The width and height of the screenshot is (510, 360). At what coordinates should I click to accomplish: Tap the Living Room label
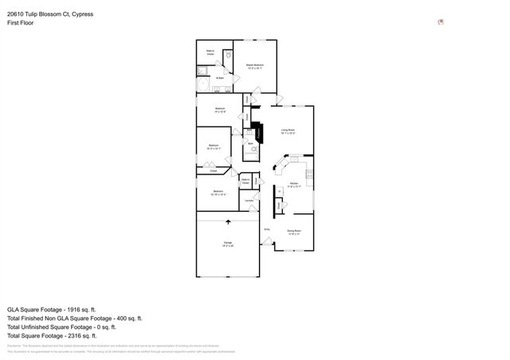pyautogui.click(x=288, y=131)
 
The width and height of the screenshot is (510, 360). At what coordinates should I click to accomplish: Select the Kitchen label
pyautogui.click(x=294, y=183)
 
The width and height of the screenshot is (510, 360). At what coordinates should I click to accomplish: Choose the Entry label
pyautogui.click(x=267, y=230)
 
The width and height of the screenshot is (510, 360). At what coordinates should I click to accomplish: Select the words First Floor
pyautogui.click(x=21, y=24)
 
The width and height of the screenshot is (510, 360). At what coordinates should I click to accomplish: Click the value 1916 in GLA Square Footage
pyautogui.click(x=83, y=309)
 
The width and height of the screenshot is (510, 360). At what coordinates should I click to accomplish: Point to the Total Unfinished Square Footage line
pyautogui.click(x=62, y=327)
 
